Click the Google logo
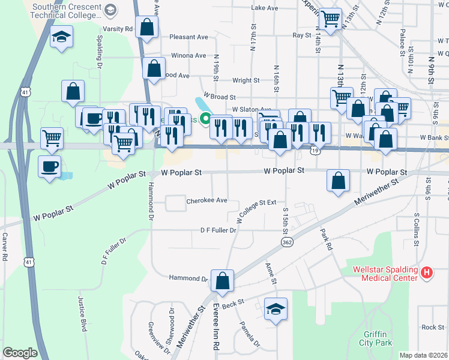coord(20,353)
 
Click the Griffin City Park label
coord(378,338)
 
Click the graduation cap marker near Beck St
coord(276,309)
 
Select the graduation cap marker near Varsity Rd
coord(61,37)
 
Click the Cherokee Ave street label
coord(207,200)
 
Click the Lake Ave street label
coord(265,8)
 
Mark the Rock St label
coord(432,327)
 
